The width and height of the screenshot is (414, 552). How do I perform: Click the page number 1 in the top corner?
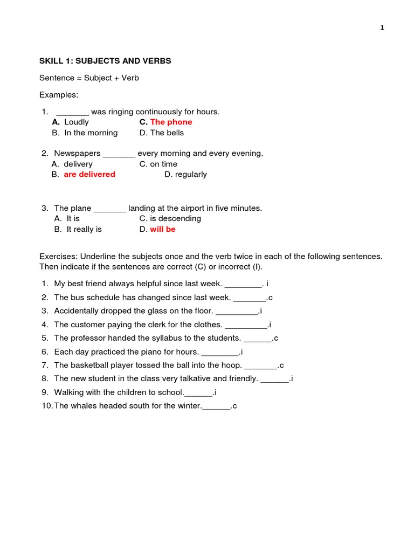(382, 28)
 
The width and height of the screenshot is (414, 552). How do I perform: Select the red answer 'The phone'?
(171, 122)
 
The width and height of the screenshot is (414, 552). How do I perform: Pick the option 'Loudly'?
(77, 122)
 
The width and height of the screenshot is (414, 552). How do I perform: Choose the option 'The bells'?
(167, 133)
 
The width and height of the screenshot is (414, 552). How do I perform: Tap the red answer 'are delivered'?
(89, 174)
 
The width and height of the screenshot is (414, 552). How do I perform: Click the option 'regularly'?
(191, 174)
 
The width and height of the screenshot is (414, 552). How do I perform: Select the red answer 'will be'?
(163, 229)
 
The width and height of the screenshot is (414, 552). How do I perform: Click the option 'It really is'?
(84, 229)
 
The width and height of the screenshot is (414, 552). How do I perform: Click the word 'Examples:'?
(59, 95)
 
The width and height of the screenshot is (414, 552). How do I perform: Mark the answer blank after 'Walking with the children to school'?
(199, 393)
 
